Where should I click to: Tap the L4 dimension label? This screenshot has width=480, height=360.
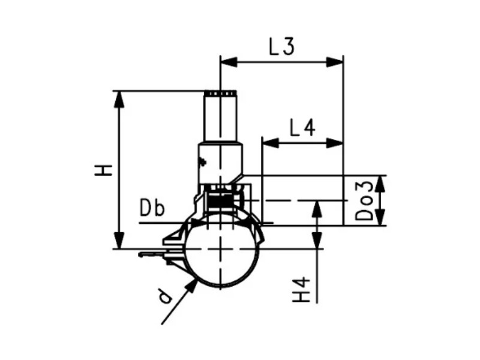coord(302,128)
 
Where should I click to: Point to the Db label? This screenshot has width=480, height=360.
coord(152,208)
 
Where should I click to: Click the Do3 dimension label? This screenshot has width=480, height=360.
coord(364,200)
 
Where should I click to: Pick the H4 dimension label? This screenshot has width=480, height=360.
coord(302,290)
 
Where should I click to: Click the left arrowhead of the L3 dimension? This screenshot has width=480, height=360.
coord(229,62)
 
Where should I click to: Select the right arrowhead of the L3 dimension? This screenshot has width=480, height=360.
coord(335,62)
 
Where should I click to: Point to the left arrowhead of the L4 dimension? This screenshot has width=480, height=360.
coord(271,143)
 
